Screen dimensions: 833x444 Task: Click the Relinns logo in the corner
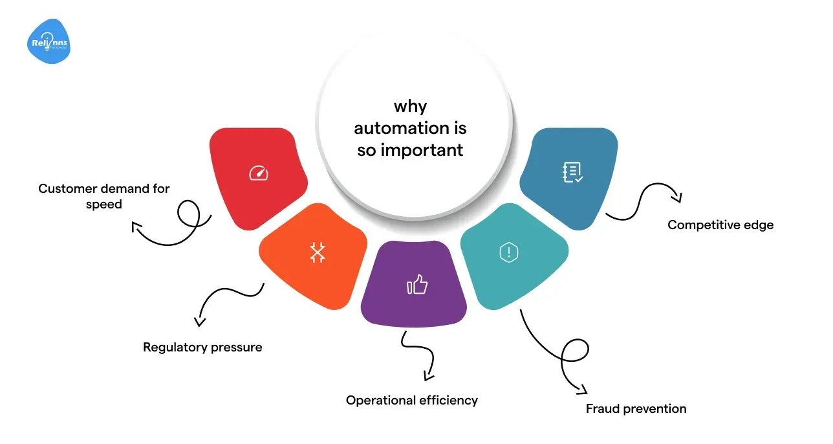[49, 41]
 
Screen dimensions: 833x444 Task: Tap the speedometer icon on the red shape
[259, 173]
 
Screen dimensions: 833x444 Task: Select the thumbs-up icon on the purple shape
[417, 285]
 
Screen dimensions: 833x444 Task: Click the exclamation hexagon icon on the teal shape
[509, 252]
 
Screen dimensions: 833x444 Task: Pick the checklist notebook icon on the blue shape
[573, 172]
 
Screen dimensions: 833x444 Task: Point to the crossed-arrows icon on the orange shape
[318, 252]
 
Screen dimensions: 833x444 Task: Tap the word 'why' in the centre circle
[411, 107]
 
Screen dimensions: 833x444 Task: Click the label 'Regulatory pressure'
[202, 348]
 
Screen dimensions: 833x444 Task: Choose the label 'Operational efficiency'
[412, 401]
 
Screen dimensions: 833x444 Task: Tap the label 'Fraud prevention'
[636, 409]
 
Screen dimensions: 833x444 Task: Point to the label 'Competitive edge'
[720, 225]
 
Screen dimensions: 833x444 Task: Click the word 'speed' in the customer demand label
[104, 205]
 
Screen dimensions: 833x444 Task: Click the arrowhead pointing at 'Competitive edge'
[677, 197]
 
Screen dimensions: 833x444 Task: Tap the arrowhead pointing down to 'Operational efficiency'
[428, 376]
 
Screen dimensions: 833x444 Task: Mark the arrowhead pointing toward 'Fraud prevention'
[582, 390]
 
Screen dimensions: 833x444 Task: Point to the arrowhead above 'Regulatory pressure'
[200, 322]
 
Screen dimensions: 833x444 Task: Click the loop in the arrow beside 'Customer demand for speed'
[189, 214]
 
